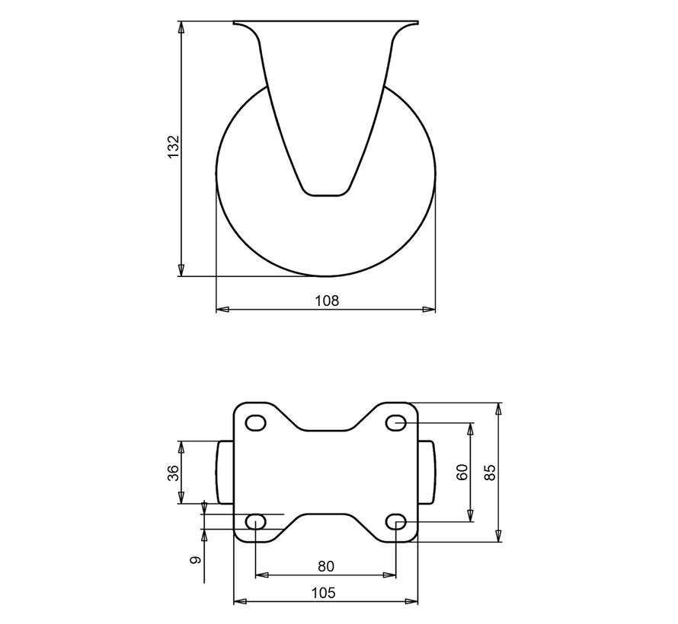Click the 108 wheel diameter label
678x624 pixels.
coord(326,301)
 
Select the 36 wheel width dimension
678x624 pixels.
coord(173,473)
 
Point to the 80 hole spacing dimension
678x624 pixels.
coord(326,566)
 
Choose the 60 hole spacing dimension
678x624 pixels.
coord(461,473)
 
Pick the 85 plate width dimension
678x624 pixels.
coord(490,473)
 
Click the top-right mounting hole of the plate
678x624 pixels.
coord(396,422)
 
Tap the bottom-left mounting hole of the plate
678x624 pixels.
coord(256,521)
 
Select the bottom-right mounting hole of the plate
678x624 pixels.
coord(396,521)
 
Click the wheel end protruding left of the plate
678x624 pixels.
coord(225,473)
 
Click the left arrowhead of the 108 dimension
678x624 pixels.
coord(222,310)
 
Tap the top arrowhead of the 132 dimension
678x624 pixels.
coord(181,27)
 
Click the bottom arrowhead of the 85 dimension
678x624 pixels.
coord(499,537)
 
